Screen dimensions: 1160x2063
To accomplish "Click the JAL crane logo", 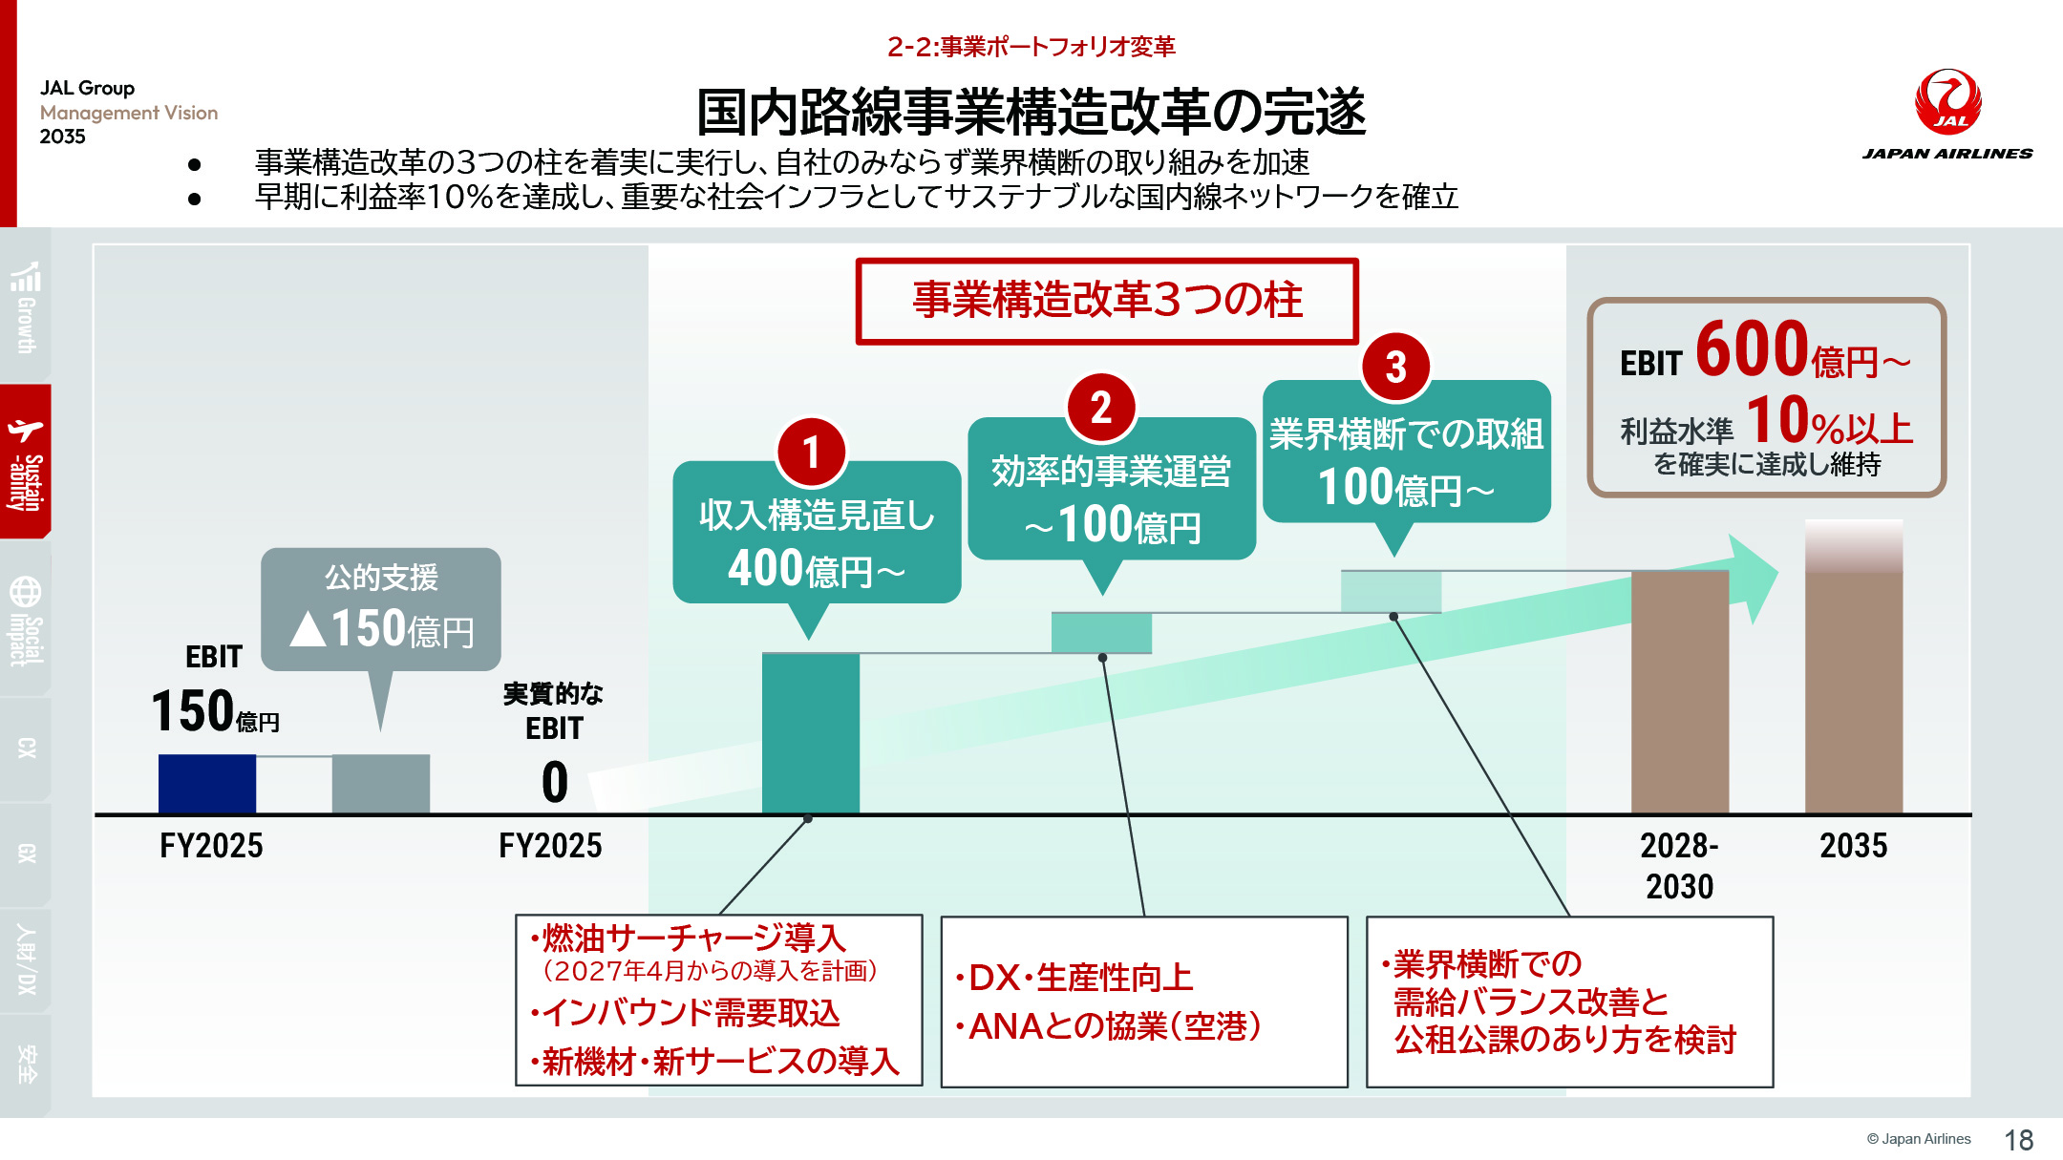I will point(1947,102).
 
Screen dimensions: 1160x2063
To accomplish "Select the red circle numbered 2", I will point(1101,409).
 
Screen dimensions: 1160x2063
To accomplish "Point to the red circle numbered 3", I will point(1395,367).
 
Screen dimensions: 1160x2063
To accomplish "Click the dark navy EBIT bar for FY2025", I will point(207,784).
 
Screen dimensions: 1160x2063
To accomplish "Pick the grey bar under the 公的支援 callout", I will point(380,784).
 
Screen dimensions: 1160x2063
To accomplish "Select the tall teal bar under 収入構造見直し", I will point(811,733).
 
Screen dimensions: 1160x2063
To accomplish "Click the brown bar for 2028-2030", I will point(1679,692).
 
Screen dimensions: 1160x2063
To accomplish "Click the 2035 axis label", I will point(1853,846).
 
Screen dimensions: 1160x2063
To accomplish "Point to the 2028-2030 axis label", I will point(1679,865).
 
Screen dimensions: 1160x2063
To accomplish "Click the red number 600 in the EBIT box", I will point(1752,349).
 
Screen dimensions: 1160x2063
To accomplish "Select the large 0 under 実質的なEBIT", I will point(554,783).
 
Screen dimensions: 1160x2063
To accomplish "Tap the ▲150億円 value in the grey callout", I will point(382,629).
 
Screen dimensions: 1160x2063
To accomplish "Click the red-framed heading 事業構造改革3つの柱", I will point(1107,301).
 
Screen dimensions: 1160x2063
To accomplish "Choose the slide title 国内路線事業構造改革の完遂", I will point(1031,113).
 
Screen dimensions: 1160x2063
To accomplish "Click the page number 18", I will point(2018,1140).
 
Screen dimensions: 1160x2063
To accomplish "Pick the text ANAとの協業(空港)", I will point(1114,1026).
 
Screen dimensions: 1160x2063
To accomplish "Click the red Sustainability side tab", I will point(26,462).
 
